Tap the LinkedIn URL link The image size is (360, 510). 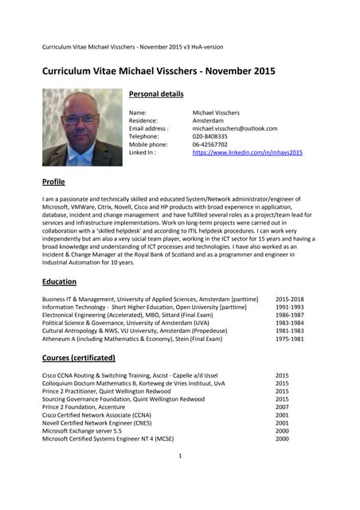pyautogui.click(x=248, y=152)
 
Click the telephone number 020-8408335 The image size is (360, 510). pyautogui.click(x=210, y=136)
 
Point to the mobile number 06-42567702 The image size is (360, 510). pyautogui.click(x=210, y=144)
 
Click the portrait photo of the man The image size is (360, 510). pyautogui.click(x=82, y=127)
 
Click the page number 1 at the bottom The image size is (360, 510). pyautogui.click(x=181, y=456)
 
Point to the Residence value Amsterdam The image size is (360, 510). pyautogui.click(x=209, y=120)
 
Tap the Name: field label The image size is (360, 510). pyautogui.click(x=138, y=112)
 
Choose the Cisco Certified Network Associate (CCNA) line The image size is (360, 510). pyautogui.click(x=99, y=414)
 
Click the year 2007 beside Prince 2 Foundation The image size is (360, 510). pyautogui.click(x=282, y=406)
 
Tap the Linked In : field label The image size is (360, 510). pyautogui.click(x=143, y=152)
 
